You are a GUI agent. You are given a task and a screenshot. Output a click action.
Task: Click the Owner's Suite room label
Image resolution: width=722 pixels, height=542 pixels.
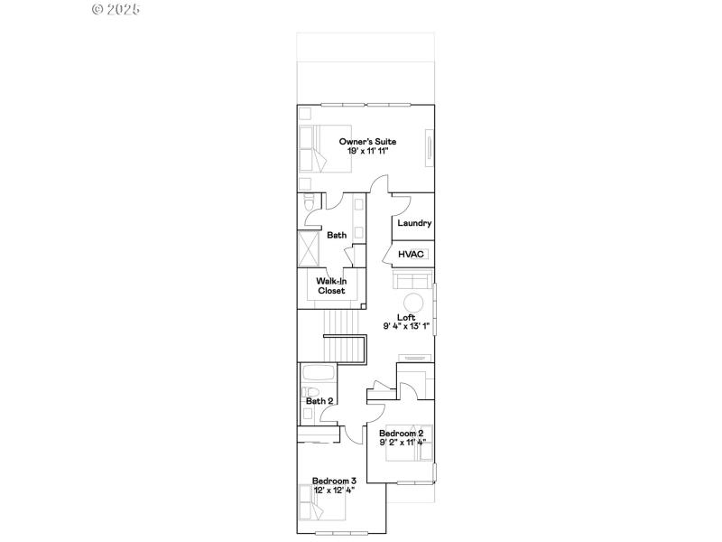coord(367,142)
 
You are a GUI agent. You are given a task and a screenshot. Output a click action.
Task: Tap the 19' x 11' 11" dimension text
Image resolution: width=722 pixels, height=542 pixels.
coord(367,151)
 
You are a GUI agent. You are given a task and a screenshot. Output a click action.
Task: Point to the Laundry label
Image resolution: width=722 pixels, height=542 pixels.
coord(414,223)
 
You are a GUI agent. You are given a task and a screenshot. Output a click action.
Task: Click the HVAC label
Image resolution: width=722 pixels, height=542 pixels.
coord(412,255)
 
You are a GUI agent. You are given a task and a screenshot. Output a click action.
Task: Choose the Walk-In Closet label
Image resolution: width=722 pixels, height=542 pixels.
coord(331,286)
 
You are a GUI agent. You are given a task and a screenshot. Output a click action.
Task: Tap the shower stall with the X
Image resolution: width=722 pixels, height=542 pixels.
coord(310,249)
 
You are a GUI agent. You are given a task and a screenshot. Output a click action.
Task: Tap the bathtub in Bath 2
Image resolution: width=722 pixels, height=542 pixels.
coord(318,375)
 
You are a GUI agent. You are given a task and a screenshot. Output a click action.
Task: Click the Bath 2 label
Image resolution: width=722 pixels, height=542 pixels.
coord(319,401)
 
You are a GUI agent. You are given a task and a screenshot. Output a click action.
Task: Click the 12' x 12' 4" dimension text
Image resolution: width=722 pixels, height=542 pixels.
coord(334,490)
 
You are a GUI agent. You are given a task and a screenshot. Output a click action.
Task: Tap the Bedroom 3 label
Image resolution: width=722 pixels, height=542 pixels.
coord(334,481)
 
